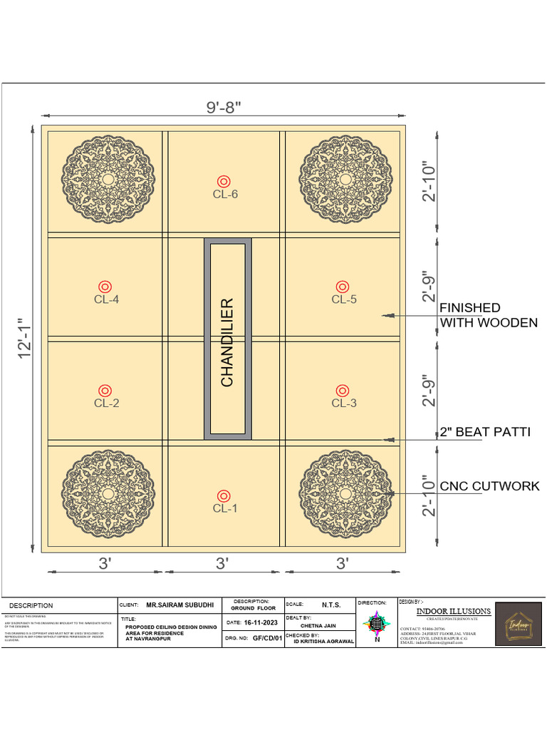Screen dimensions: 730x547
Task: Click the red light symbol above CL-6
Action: click(x=224, y=180)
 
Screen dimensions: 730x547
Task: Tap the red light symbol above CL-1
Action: click(x=224, y=495)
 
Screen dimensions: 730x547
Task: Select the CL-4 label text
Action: click(x=106, y=299)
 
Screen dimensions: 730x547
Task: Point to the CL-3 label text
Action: click(x=343, y=403)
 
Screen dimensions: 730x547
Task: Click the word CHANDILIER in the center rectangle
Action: click(x=227, y=342)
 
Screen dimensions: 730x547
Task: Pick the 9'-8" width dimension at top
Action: click(x=224, y=107)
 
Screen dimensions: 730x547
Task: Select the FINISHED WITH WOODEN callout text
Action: click(x=488, y=315)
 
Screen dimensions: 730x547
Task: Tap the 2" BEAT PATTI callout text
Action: click(x=484, y=432)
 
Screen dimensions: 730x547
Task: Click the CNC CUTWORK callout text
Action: click(x=489, y=486)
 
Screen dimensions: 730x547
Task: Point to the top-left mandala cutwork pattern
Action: click(x=107, y=178)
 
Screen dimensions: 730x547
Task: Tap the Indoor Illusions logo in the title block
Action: click(x=518, y=625)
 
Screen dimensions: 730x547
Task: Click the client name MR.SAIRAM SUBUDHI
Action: click(x=179, y=605)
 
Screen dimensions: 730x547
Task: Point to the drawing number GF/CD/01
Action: click(x=267, y=639)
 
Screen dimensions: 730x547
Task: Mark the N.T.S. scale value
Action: click(x=331, y=605)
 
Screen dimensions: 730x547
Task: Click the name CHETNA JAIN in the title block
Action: click(x=318, y=626)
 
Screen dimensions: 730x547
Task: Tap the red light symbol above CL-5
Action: click(x=343, y=286)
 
